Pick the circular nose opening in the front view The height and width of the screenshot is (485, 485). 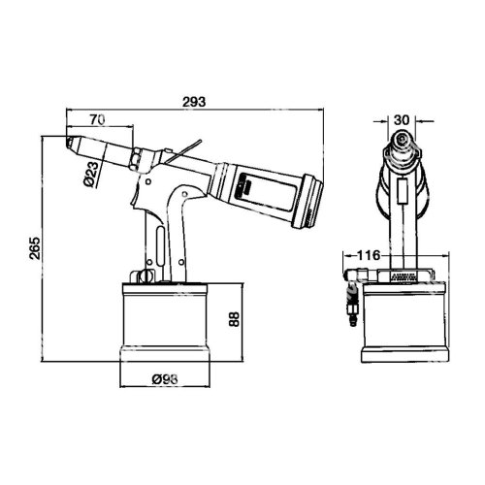point(402,148)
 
